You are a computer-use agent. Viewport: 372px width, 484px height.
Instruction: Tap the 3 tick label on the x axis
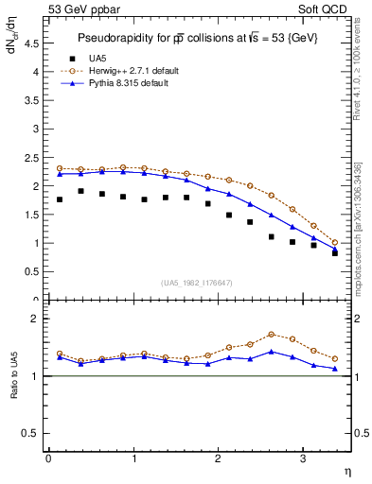tap(303, 458)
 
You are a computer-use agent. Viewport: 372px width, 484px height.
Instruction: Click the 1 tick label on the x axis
tap(133, 458)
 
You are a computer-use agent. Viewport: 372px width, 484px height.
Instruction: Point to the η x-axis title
tap(346, 471)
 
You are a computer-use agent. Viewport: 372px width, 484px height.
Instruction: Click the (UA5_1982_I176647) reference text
tap(197, 282)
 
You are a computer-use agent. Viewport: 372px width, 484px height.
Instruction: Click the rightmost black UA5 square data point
tap(335, 253)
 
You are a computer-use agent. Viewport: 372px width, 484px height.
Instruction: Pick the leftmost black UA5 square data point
tap(60, 199)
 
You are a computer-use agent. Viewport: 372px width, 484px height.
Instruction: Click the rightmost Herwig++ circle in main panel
tap(335, 242)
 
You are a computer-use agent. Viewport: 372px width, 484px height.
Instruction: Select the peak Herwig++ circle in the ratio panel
tap(272, 334)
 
